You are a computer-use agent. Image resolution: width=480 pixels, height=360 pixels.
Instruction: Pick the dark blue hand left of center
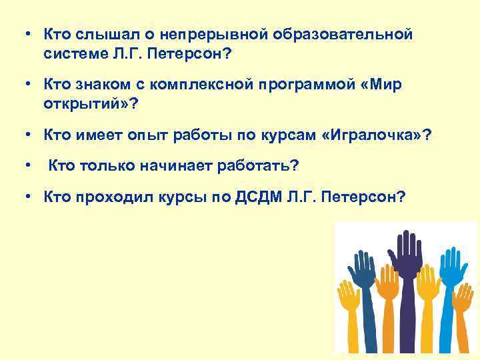tap(364, 273)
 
